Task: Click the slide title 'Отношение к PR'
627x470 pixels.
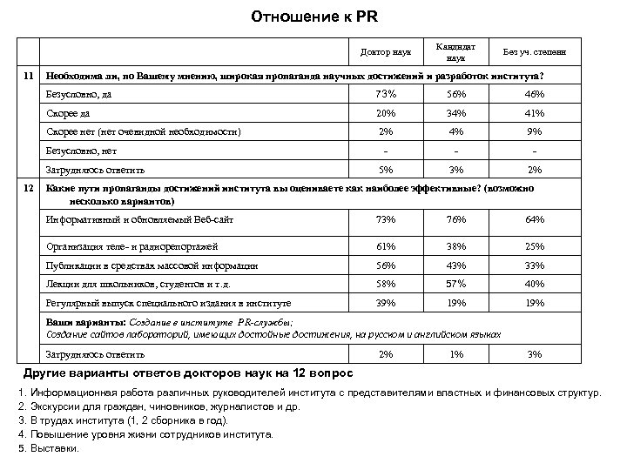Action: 314,17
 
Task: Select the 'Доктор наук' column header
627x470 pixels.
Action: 386,52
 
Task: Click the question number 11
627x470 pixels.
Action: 29,76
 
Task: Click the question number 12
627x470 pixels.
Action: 29,188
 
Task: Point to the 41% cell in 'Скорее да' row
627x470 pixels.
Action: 535,113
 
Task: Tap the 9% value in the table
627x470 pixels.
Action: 535,132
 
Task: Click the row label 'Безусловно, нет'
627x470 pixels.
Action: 83,151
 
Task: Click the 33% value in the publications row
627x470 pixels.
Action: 535,265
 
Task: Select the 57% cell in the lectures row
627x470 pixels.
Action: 454,285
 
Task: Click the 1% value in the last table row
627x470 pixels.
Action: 454,354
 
